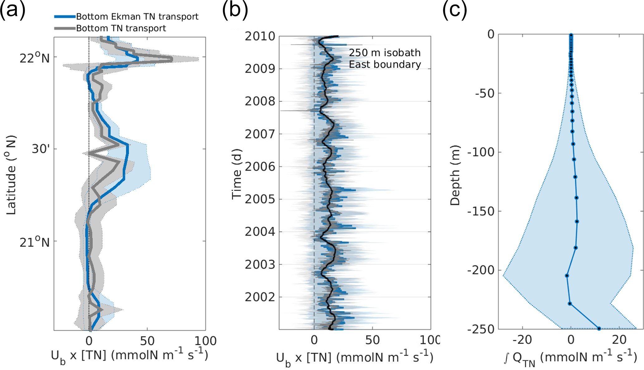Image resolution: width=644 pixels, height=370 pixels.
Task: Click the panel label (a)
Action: click(x=12, y=11)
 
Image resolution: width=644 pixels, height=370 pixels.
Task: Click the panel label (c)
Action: click(x=455, y=11)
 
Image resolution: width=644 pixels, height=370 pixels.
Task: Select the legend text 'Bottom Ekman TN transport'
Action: click(x=137, y=17)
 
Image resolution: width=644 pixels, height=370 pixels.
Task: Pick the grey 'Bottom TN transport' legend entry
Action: click(x=121, y=28)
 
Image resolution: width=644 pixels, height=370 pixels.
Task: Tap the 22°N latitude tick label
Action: click(x=35, y=58)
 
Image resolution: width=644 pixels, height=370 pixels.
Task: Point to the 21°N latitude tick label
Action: click(x=35, y=242)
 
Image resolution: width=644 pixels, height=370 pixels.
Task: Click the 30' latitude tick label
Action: click(x=41, y=149)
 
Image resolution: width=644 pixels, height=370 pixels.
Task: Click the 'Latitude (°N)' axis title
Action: click(x=11, y=175)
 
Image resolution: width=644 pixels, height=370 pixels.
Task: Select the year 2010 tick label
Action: click(x=260, y=36)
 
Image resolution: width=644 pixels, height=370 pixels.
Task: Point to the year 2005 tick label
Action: click(x=260, y=199)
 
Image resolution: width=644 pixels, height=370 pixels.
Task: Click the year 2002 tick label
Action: click(x=260, y=297)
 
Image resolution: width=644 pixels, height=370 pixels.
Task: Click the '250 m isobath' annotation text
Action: click(x=384, y=53)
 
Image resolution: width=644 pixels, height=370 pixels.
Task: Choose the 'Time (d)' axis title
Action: click(x=237, y=174)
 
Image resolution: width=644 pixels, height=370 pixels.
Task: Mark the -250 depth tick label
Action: click(x=481, y=329)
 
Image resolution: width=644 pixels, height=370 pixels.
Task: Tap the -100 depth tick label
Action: click(x=481, y=152)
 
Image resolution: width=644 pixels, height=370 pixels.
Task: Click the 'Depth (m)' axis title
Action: click(x=455, y=175)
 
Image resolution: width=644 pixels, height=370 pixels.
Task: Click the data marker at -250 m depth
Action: click(x=599, y=328)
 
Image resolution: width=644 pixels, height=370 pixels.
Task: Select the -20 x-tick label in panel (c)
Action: click(x=522, y=340)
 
